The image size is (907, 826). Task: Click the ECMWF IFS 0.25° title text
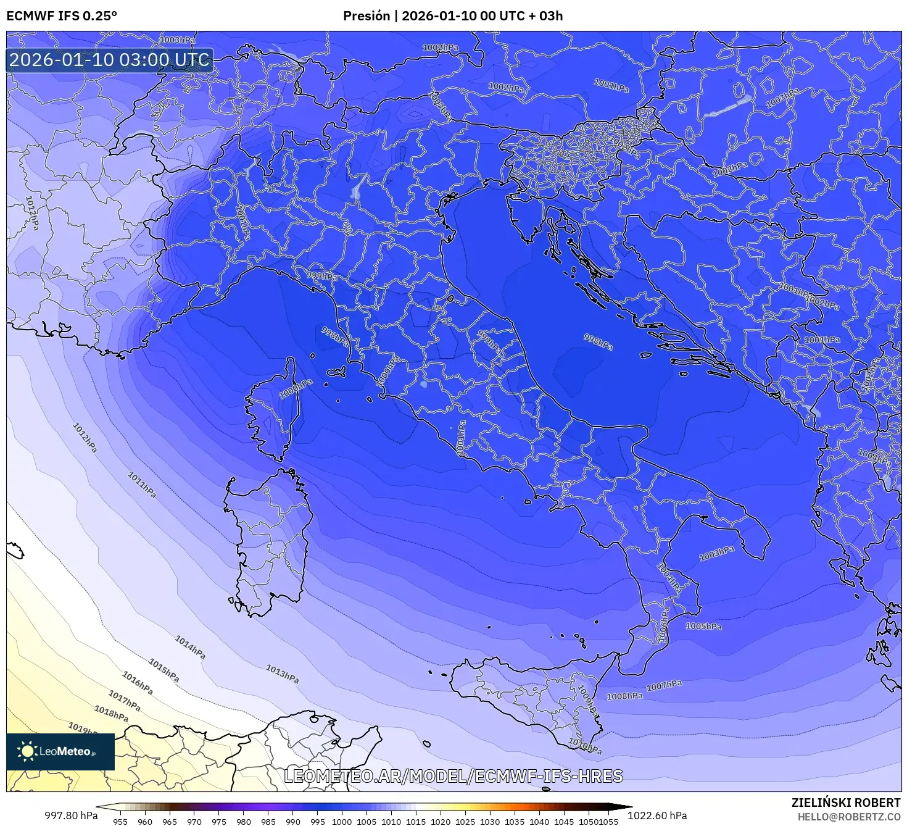(x=61, y=16)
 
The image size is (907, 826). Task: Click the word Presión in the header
(x=366, y=16)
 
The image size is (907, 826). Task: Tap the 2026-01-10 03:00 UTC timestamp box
(x=110, y=60)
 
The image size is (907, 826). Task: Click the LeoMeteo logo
(x=60, y=751)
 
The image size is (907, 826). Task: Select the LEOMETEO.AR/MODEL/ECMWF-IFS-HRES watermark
(x=453, y=776)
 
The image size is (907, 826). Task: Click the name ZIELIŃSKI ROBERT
(x=845, y=803)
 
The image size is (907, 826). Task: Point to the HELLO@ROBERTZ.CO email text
(x=849, y=817)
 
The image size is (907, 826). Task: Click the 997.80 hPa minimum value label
(x=71, y=816)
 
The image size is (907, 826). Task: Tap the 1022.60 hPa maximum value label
(x=657, y=816)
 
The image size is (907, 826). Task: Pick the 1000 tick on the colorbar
(x=342, y=822)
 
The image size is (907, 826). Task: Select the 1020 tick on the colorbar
(x=441, y=822)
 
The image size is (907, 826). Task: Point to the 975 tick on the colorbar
(x=219, y=822)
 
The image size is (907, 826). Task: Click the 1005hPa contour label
(x=703, y=626)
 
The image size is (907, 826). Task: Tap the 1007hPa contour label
(x=664, y=685)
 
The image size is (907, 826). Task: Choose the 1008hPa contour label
(x=624, y=696)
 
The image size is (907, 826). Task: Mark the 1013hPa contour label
(x=283, y=674)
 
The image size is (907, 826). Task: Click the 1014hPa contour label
(x=190, y=647)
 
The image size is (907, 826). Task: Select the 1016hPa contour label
(x=137, y=681)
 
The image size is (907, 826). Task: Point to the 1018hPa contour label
(x=111, y=713)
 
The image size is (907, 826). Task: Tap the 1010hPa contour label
(x=584, y=746)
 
